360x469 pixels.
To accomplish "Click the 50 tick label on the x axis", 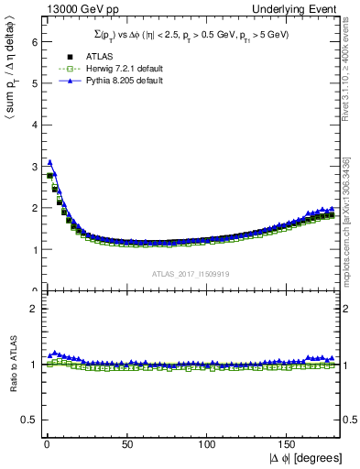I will (x=125, y=444).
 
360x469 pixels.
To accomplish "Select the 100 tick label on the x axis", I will (x=208, y=444).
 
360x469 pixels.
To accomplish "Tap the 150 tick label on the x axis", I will (x=289, y=444).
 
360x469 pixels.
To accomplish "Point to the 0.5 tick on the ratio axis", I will (x=27, y=420).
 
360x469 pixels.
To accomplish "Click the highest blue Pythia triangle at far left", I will (x=49, y=161).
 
